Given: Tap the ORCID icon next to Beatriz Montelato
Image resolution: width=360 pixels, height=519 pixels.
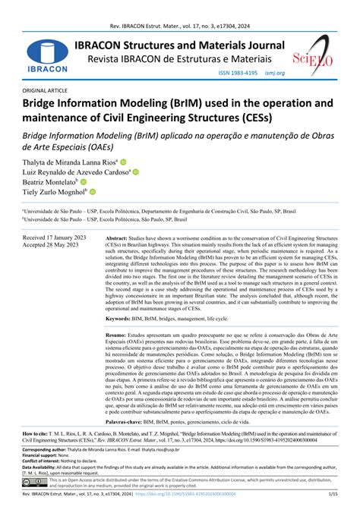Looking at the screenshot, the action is [84, 182].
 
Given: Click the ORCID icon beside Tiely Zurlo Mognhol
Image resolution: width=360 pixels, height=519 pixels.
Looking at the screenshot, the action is [93, 193].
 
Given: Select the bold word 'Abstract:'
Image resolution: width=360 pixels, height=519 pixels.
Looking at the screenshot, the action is [120, 237].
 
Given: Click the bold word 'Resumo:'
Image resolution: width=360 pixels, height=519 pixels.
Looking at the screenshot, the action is [115, 355].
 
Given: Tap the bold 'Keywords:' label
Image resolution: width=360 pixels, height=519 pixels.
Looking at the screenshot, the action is [122, 341].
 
